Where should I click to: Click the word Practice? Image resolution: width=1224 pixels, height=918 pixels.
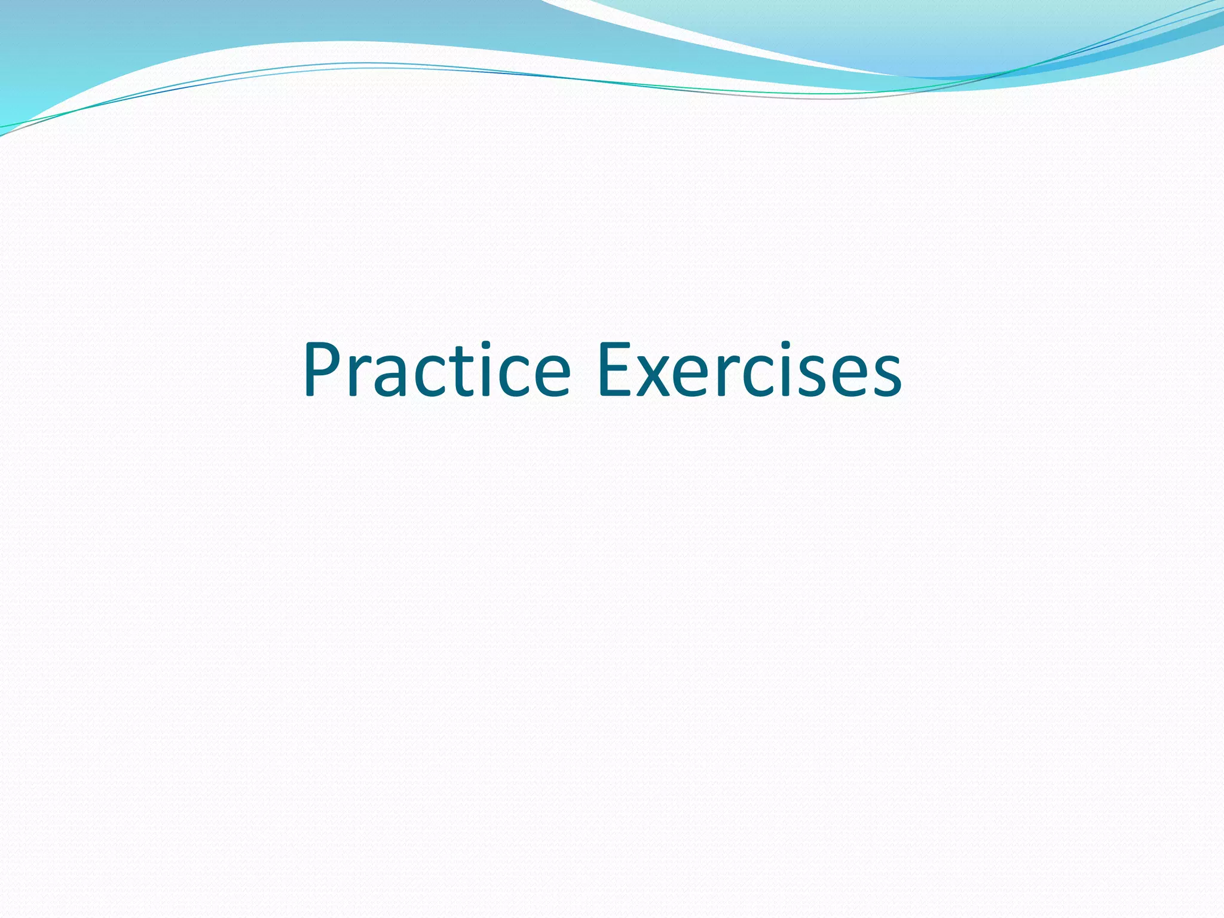point(436,370)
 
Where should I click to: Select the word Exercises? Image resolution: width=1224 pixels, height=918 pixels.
point(749,370)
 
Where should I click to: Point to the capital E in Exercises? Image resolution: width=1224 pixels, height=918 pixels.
point(616,370)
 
